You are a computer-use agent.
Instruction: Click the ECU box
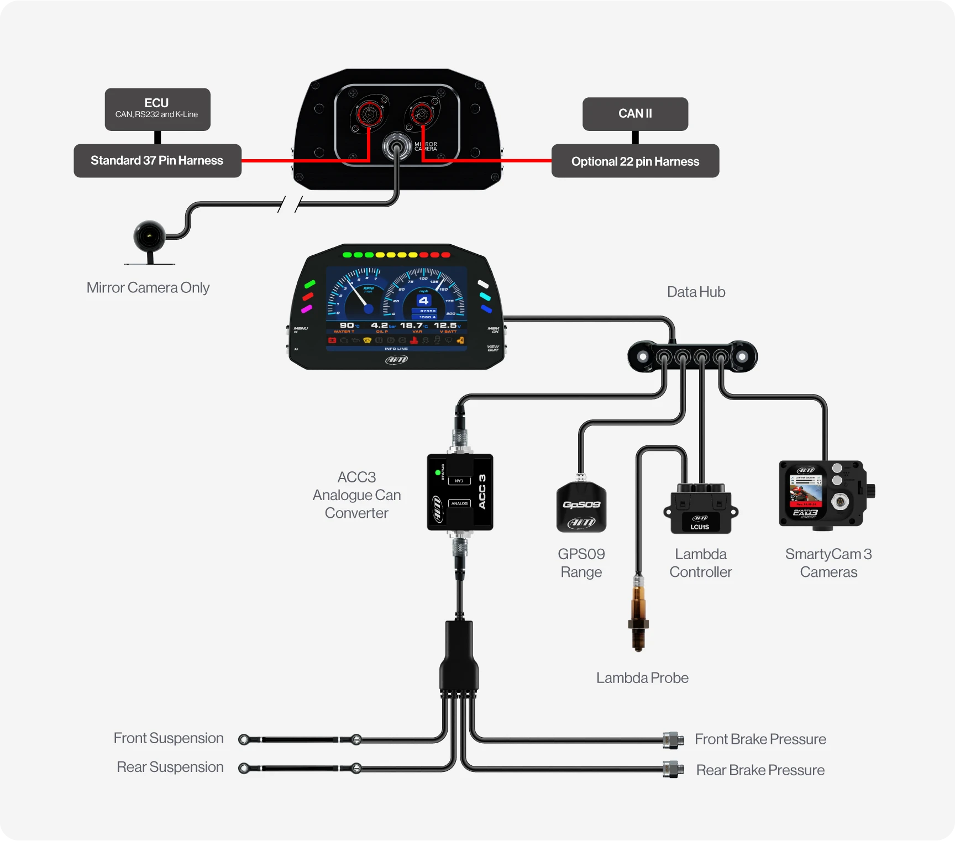[158, 109]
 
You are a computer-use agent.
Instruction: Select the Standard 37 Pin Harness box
[158, 161]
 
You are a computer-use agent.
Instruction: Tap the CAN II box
[635, 114]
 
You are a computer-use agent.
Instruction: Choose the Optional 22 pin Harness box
[635, 161]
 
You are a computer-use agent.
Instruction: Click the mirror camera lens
[149, 236]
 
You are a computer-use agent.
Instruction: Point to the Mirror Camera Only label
[148, 288]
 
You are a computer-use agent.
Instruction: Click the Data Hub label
[696, 292]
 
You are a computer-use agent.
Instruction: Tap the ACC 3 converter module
[460, 492]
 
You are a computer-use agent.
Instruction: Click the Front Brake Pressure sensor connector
[673, 740]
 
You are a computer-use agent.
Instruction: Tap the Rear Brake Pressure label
[760, 770]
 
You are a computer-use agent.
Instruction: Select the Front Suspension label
[169, 738]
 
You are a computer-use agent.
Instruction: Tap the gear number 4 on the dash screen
[424, 301]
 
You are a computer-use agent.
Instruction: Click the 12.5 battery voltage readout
[445, 325]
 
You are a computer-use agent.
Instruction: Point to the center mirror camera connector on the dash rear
[397, 146]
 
